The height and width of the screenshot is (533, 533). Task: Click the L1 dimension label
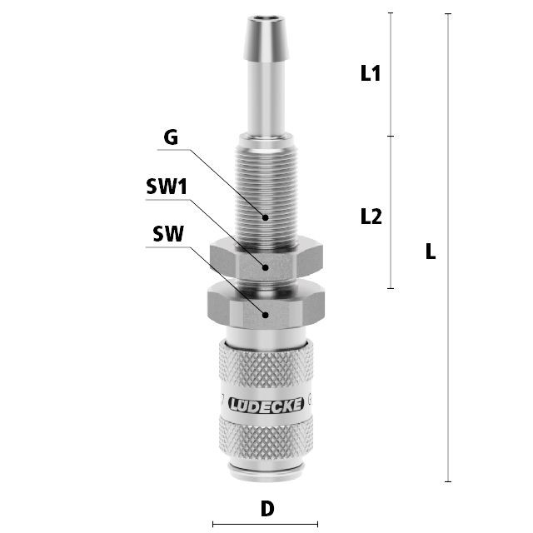pos(370,73)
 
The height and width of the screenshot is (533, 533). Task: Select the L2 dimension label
pos(371,217)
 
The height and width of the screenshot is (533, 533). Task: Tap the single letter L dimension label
pos(431,252)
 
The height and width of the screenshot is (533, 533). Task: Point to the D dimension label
pos(267,509)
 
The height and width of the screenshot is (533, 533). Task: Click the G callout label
pos(171,137)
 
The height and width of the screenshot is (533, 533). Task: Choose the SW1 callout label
pos(167,187)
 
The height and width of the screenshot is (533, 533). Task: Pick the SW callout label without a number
pos(168,234)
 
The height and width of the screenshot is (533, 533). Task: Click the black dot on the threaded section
pos(265,217)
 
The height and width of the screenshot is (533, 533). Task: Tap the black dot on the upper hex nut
pos(266,267)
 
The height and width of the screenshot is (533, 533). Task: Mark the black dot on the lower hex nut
pos(266,315)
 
